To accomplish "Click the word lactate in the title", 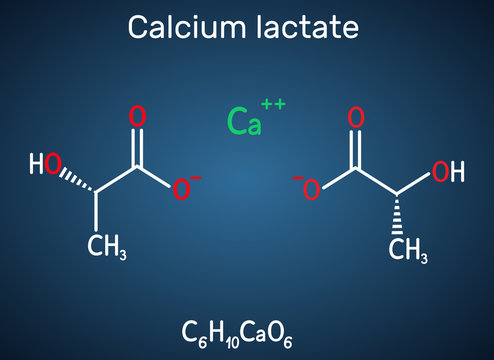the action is (x=304, y=27).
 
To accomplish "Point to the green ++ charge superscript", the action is (x=273, y=104).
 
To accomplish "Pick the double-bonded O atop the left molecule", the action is (x=138, y=116).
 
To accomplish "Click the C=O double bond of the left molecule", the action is (x=138, y=144).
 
